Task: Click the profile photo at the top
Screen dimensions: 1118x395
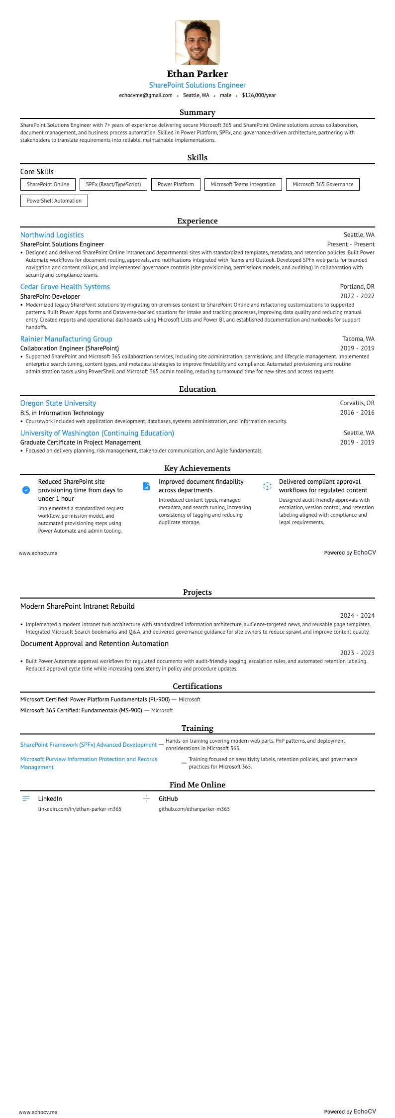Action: [x=197, y=42]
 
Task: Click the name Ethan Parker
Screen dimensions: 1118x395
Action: [x=197, y=74]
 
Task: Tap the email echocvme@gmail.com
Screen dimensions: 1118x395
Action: [x=146, y=95]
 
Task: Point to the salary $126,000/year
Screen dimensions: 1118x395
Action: [x=259, y=95]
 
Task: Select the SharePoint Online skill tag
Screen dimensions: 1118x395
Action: [x=48, y=184]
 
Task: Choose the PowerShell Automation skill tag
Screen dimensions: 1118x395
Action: [x=54, y=201]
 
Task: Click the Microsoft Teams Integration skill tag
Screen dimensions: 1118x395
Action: [x=243, y=184]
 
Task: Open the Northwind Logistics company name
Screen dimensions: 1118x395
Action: [x=52, y=235]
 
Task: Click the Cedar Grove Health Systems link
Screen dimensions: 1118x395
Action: [x=65, y=287]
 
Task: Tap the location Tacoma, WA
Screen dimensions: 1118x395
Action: [x=358, y=339]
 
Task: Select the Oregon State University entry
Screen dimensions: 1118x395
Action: [x=58, y=403]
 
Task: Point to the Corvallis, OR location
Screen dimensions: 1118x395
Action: [x=357, y=403]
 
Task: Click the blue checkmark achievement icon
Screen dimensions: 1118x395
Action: [x=26, y=490]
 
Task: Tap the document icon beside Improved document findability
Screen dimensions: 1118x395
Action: [x=146, y=486]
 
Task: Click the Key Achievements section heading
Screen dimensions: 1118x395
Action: [x=197, y=468]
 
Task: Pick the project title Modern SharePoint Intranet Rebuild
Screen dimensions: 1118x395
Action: [x=78, y=606]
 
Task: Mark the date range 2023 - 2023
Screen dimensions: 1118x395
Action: [x=357, y=653]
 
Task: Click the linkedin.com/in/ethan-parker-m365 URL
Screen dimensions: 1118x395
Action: [x=80, y=809]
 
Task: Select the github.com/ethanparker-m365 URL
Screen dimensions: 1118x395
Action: [x=194, y=809]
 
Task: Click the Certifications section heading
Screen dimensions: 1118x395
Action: [x=197, y=686]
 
